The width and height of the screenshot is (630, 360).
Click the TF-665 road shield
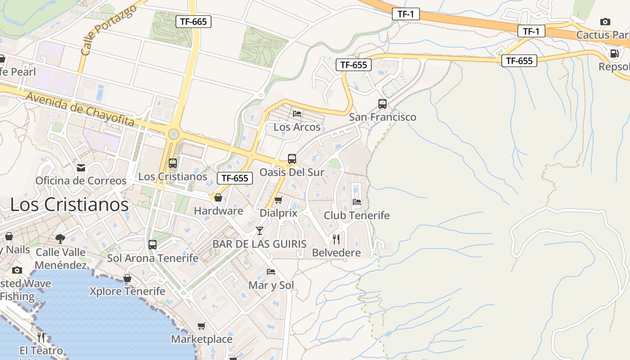tap(193, 21)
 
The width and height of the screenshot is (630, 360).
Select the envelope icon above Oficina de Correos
tap(81, 168)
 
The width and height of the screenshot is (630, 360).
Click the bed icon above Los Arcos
tap(297, 113)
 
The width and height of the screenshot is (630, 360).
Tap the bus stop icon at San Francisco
tap(382, 104)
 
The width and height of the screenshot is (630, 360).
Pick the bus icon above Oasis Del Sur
tap(292, 159)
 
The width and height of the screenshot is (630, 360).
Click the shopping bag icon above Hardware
tap(218, 198)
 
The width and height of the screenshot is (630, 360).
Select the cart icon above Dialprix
tap(279, 200)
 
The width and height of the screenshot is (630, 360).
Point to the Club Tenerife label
tap(357, 216)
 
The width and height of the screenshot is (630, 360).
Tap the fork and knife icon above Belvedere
tap(336, 239)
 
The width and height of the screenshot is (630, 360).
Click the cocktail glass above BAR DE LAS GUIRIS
tap(260, 231)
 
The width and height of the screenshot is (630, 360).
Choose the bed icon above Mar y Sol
tap(271, 272)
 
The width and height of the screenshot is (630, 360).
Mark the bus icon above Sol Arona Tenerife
tap(153, 245)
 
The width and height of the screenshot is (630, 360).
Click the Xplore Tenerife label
tap(127, 291)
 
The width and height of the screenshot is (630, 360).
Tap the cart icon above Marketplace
tap(202, 326)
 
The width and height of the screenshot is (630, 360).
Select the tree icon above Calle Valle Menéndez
tap(60, 238)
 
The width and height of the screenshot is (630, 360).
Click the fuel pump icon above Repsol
tap(614, 54)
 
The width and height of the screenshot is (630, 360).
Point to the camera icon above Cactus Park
tap(605, 22)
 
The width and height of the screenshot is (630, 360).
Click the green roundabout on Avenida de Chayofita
tap(173, 134)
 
